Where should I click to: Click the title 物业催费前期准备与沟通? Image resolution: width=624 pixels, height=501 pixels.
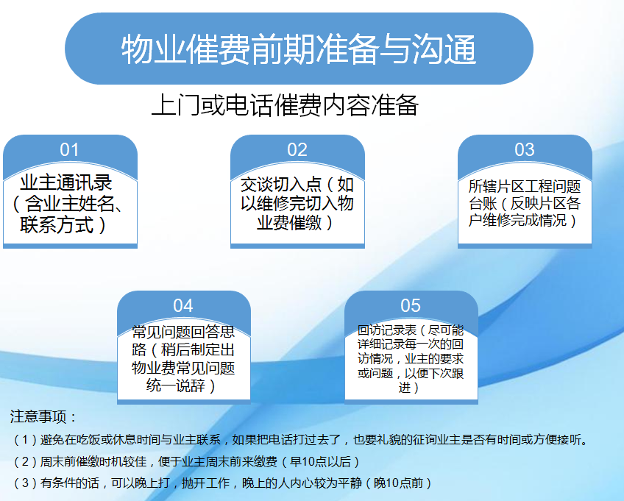tap(299, 49)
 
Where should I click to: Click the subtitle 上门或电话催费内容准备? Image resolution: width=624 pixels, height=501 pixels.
tap(285, 105)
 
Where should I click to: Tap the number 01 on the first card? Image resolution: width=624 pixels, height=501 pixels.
tap(69, 150)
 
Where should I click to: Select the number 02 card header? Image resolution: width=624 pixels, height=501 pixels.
tap(297, 150)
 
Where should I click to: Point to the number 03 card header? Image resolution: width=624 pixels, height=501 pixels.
tap(525, 150)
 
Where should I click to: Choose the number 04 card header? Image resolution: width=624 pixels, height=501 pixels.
tap(183, 305)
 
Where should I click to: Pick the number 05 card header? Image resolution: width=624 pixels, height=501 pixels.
tap(411, 305)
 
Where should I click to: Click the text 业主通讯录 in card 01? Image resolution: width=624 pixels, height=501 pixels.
tap(66, 182)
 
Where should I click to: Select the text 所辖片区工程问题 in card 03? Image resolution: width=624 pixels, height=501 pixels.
tap(525, 186)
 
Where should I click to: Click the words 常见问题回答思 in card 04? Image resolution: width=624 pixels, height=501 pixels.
tap(183, 332)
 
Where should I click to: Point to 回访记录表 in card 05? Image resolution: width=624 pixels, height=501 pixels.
tap(387, 330)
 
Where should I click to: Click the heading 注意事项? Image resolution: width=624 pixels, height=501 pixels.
tap(38, 416)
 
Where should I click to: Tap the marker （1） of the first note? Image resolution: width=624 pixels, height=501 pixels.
tap(25, 440)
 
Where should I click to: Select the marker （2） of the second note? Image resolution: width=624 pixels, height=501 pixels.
tap(25, 461)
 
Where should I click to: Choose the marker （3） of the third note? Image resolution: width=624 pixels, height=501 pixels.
tap(25, 483)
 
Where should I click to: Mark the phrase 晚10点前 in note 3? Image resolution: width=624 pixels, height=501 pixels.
tap(399, 483)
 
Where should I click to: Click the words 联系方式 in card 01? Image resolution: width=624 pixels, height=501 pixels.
tap(57, 224)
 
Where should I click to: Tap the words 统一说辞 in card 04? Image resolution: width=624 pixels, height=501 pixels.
tap(175, 385)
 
